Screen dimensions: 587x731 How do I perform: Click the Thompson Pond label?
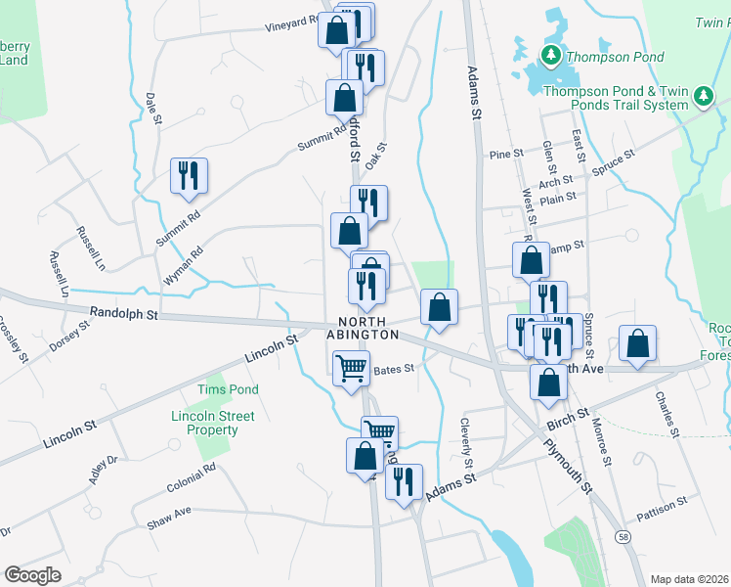click(x=616, y=58)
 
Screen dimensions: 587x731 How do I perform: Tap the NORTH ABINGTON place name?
click(x=369, y=328)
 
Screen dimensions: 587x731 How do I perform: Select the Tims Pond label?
click(x=228, y=389)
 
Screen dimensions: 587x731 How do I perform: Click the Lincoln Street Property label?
click(x=212, y=423)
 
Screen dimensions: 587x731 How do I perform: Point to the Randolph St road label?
click(x=123, y=315)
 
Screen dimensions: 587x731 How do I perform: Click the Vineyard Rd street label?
click(x=292, y=23)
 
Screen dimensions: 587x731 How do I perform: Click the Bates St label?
click(x=396, y=369)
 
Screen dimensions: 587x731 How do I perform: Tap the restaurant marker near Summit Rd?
click(x=183, y=175)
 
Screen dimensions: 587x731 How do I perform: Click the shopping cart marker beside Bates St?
click(x=351, y=370)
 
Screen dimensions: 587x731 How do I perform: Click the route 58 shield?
click(x=623, y=537)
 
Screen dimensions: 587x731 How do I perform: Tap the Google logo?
click(x=32, y=574)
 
